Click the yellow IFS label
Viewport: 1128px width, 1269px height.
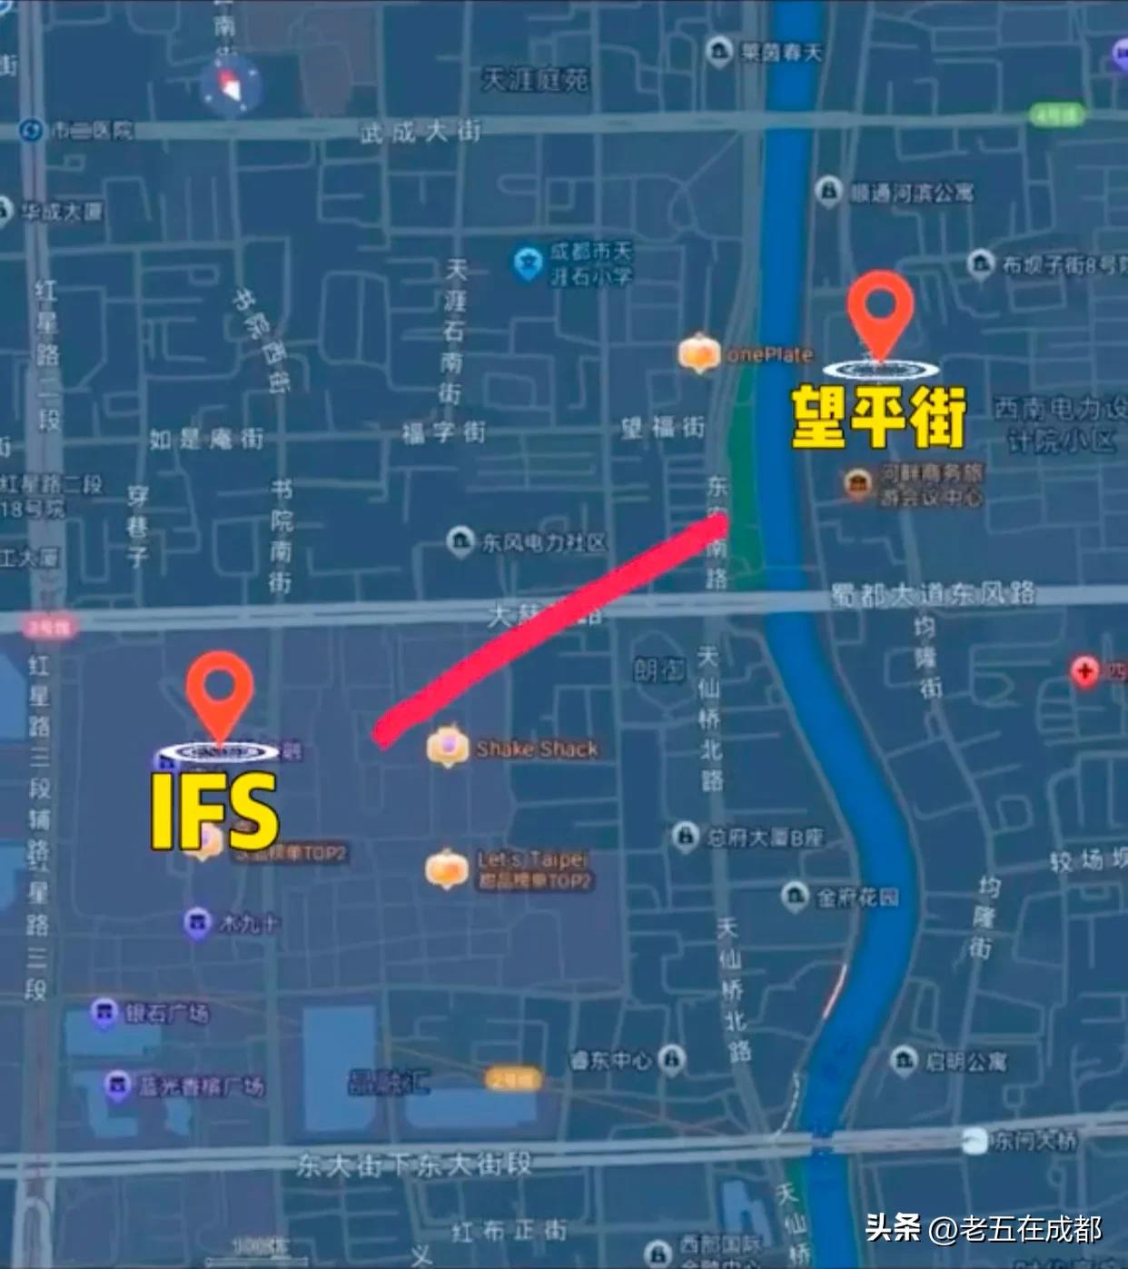click(x=214, y=811)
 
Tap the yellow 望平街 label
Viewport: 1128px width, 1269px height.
click(x=878, y=417)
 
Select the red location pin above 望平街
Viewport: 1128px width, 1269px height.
click(x=880, y=309)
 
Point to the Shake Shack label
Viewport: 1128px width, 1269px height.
click(x=537, y=749)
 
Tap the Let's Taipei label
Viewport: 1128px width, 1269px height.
click(x=534, y=859)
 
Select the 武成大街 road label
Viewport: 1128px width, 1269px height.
click(x=420, y=133)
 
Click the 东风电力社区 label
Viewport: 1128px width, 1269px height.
click(x=543, y=543)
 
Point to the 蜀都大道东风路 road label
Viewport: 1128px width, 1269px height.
click(x=933, y=595)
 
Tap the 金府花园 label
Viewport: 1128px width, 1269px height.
click(x=856, y=897)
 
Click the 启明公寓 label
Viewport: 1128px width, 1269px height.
click(x=965, y=1061)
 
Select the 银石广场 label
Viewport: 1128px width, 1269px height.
click(x=166, y=1013)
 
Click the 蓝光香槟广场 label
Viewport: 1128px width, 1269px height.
click(x=201, y=1086)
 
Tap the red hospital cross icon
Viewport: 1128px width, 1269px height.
click(x=1084, y=672)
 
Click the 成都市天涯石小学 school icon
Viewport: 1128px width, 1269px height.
click(x=528, y=263)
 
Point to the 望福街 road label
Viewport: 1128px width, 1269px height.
click(x=663, y=427)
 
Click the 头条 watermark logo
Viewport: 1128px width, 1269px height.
click(x=893, y=1228)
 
